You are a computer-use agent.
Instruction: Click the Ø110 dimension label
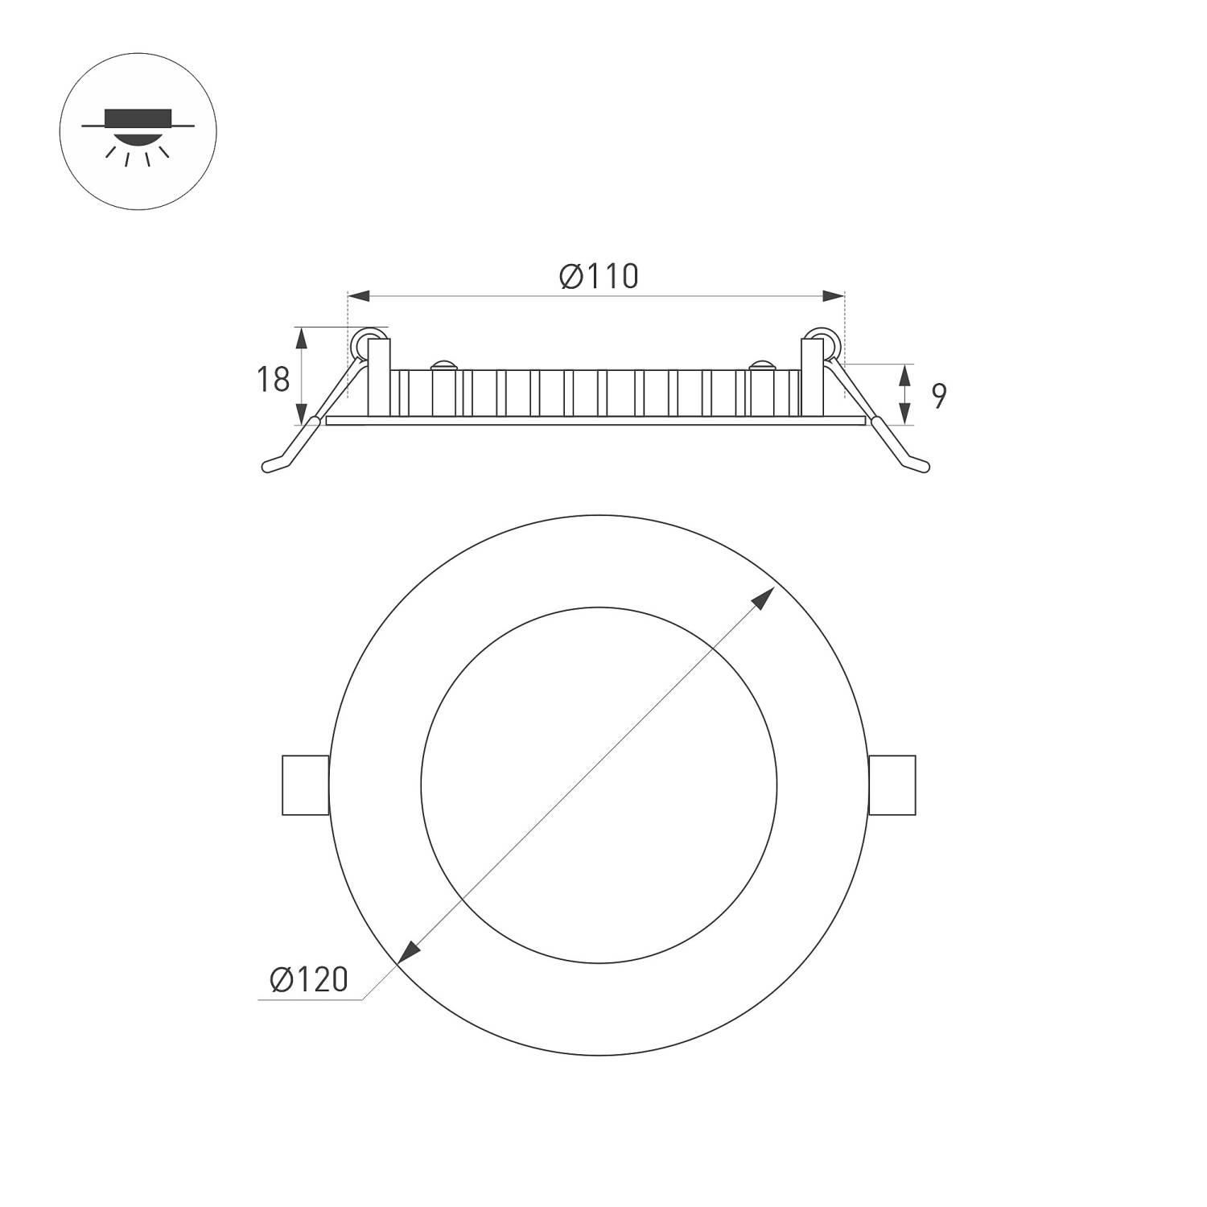[x=599, y=276]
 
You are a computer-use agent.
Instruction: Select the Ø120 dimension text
[x=309, y=979]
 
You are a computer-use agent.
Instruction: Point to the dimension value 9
[x=938, y=395]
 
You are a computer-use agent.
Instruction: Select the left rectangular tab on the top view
[x=305, y=785]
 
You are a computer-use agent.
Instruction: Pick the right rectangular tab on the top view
[x=892, y=785]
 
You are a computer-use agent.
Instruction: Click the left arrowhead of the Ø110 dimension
[x=359, y=297]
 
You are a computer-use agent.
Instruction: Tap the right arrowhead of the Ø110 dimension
[x=833, y=297]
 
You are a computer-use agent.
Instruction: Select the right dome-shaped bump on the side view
[x=760, y=366]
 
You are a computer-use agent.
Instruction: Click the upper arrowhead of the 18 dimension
[x=303, y=337]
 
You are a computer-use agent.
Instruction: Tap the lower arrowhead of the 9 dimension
[x=906, y=414]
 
